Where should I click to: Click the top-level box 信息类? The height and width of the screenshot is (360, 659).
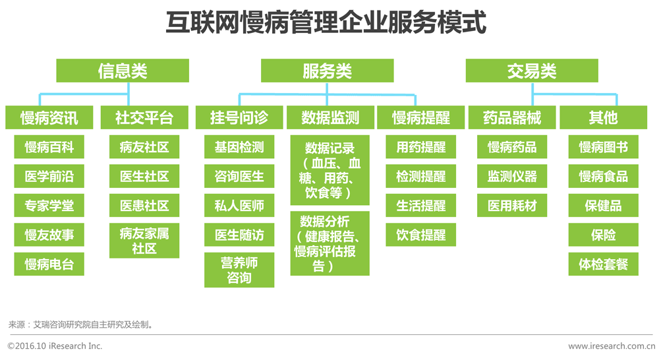122,71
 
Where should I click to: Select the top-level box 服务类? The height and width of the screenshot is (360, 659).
327,71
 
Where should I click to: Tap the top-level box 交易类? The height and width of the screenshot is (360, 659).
532,71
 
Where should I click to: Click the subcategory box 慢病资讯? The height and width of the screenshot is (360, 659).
49,118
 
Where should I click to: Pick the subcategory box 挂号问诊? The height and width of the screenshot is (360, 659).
239,118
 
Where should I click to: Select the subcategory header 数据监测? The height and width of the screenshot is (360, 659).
330,118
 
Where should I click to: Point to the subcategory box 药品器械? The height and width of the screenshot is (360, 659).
512,118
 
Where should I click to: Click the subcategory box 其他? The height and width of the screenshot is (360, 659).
603,118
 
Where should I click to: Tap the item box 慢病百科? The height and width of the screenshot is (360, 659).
49,147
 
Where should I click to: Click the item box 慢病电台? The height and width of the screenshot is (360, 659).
49,264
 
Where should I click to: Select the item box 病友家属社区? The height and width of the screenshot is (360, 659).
144,241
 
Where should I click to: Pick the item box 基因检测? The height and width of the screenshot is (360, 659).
239,147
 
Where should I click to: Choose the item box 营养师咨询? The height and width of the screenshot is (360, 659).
239,270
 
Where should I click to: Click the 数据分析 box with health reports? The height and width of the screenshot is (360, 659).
330,243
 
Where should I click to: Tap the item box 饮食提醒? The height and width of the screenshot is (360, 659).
421,235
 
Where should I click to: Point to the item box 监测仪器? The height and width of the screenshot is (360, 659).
512,177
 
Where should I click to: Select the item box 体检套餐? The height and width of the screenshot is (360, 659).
603,264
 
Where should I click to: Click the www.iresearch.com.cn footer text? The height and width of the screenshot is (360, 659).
610,346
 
